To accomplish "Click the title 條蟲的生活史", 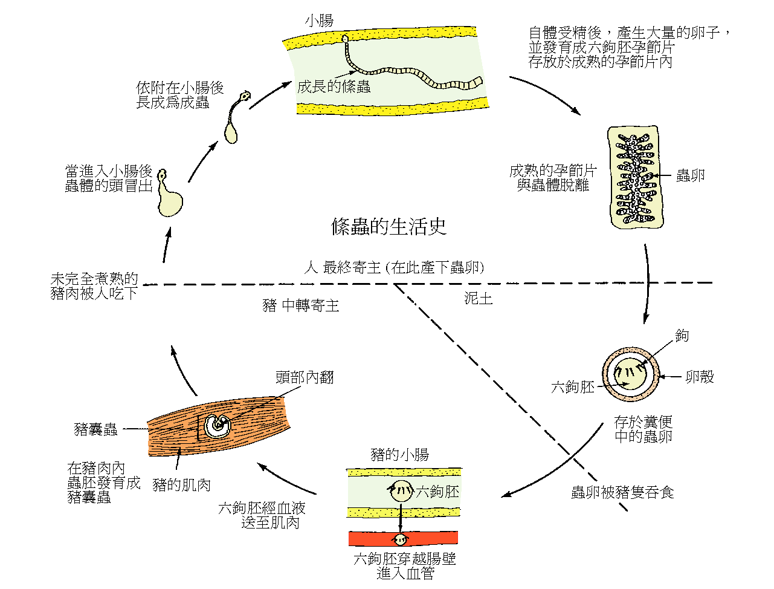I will pyautogui.click(x=389, y=226).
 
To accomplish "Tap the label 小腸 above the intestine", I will pyautogui.click(x=319, y=21).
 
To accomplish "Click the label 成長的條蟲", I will pyautogui.click(x=334, y=86).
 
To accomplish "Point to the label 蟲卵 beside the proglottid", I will pyautogui.click(x=690, y=176).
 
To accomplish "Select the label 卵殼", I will pyautogui.click(x=699, y=377).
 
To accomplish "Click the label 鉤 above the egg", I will pyautogui.click(x=682, y=336).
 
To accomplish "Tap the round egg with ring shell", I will pyautogui.click(x=630, y=375).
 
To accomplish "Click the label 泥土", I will pyautogui.click(x=478, y=298).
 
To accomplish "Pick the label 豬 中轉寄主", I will pyautogui.click(x=301, y=305).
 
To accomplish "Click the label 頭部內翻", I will pyautogui.click(x=305, y=378).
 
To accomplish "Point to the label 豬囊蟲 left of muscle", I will pyautogui.click(x=95, y=429).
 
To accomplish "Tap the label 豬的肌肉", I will pyautogui.click(x=181, y=485).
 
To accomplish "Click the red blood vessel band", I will pyautogui.click(x=402, y=538).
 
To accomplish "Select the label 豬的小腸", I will pyautogui.click(x=400, y=455).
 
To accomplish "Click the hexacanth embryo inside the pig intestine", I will pyautogui.click(x=401, y=491).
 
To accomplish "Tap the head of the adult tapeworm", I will pyautogui.click(x=345, y=40).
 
